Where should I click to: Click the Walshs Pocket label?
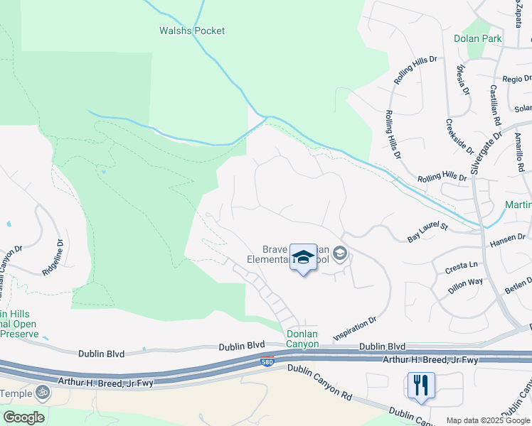[x=191, y=31]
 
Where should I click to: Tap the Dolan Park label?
[x=478, y=38]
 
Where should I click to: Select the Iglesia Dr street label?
[x=463, y=79]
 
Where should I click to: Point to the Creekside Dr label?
[x=459, y=134]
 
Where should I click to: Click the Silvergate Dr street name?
[x=486, y=151]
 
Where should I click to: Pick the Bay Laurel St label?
[x=427, y=233]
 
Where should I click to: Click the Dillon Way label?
[x=465, y=285]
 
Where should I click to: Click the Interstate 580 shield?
[x=267, y=361]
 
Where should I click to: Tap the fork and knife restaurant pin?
[x=420, y=386]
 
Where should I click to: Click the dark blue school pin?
[x=303, y=256]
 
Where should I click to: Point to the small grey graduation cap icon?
[x=340, y=253]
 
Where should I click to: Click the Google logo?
[x=23, y=417]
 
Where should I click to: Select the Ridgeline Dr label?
[x=53, y=256]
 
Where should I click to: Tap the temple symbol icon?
[x=43, y=392]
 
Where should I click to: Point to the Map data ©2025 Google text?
[x=488, y=420]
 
